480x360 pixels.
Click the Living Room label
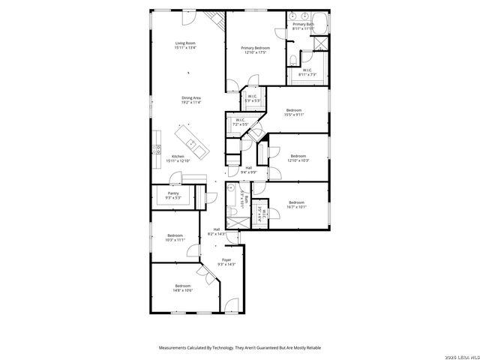[185, 45]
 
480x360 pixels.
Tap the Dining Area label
[190, 99]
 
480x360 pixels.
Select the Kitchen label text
[178, 158]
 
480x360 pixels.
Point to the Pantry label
[173, 195]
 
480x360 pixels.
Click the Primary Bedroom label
[256, 49]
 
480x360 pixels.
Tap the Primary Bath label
[303, 26]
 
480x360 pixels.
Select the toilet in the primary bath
[294, 57]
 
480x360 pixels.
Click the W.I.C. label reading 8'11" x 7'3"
[307, 72]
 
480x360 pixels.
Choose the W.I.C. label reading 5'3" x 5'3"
[252, 97]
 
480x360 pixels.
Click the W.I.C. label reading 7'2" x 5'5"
[240, 121]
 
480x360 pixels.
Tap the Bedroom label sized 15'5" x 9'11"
[293, 112]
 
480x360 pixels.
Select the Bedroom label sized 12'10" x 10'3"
[298, 157]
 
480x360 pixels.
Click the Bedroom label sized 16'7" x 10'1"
[297, 204]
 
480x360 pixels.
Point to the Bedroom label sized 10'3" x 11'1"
[175, 238]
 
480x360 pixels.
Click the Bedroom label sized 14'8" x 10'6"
[184, 288]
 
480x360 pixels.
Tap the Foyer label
[226, 262]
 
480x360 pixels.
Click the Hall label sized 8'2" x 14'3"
[217, 231]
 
